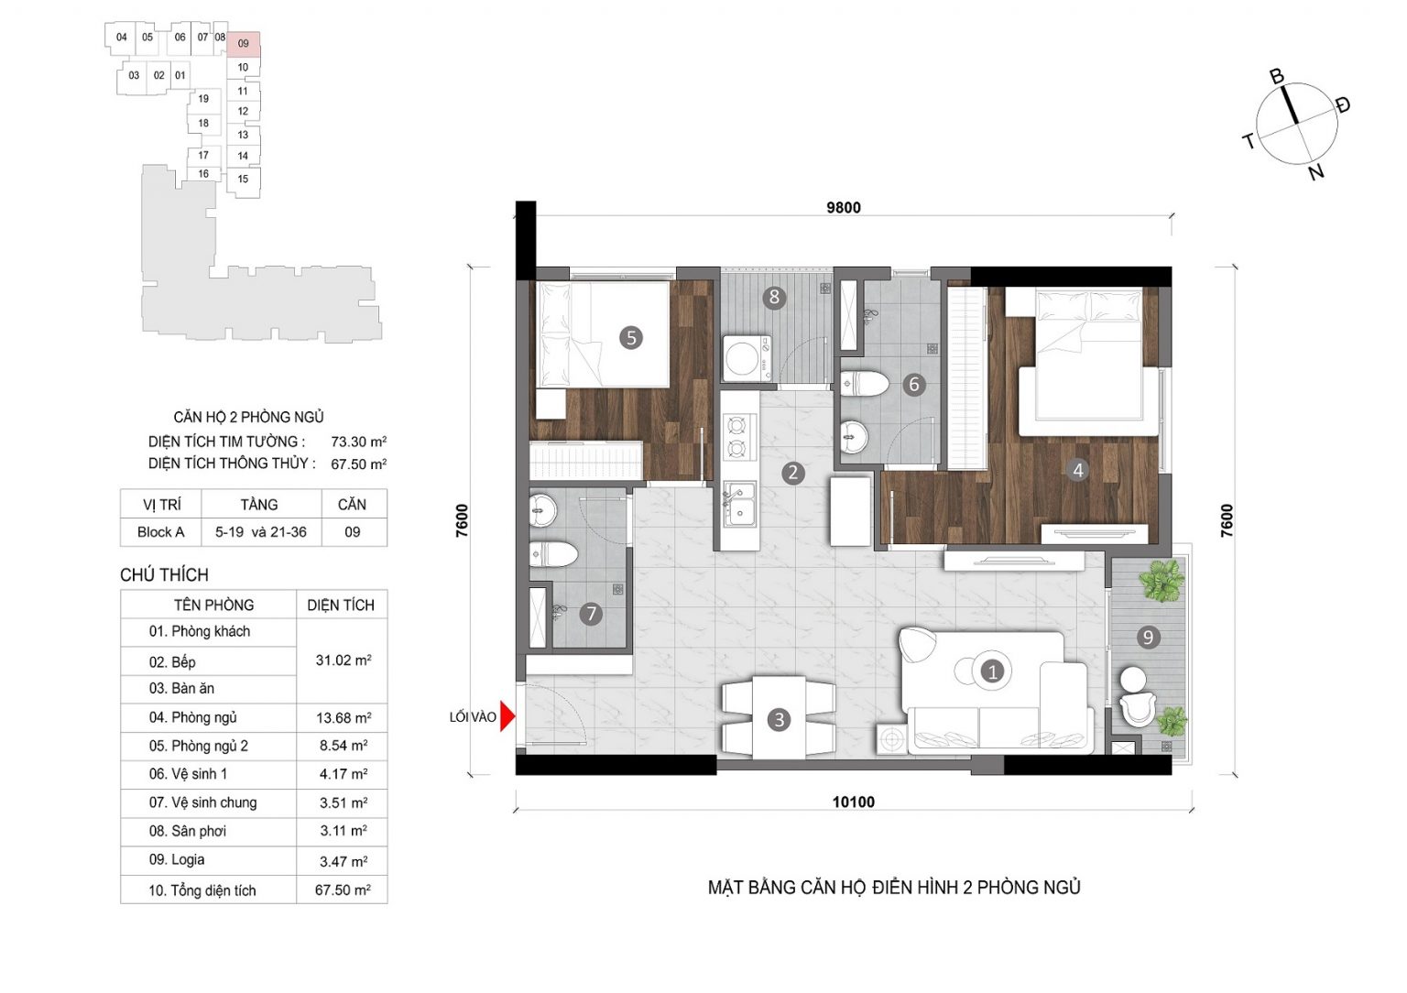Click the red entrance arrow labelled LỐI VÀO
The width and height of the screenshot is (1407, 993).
tap(507, 716)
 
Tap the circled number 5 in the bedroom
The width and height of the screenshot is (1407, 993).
tap(630, 338)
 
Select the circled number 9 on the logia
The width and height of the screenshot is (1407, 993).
tap(1148, 638)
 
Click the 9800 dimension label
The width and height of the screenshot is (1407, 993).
tap(843, 207)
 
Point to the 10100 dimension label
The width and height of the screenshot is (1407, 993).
tap(853, 802)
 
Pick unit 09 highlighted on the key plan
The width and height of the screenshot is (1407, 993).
tap(243, 43)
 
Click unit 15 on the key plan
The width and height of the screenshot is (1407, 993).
tap(243, 179)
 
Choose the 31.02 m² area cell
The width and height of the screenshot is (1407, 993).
tap(343, 660)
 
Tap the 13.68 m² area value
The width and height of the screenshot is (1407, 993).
tap(343, 718)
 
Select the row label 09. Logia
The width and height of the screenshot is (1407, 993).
tap(177, 859)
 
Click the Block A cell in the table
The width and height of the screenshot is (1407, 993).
tap(161, 532)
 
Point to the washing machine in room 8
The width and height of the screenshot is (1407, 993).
tap(747, 359)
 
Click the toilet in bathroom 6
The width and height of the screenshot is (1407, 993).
tap(864, 384)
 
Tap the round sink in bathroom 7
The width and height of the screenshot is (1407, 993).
tap(542, 510)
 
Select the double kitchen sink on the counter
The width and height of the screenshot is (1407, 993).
tap(739, 504)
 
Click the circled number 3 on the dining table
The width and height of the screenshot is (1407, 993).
tap(779, 719)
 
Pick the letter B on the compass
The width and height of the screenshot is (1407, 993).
tap(1276, 77)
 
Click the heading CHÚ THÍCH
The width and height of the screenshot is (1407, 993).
tap(164, 574)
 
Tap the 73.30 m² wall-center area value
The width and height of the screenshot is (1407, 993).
tap(359, 442)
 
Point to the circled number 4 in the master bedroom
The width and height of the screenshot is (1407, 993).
tap(1078, 470)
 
